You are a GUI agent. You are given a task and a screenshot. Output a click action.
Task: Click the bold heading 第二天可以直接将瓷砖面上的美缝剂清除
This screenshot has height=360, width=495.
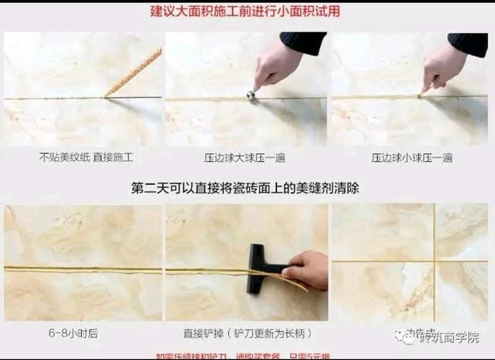coord(245,188)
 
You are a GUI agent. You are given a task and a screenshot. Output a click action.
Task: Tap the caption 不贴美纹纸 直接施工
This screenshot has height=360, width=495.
coord(86,157)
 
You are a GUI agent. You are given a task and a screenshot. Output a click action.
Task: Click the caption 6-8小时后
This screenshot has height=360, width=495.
coord(78,333)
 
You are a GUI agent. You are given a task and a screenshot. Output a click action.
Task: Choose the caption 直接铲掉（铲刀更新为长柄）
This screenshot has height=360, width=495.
coord(246,333)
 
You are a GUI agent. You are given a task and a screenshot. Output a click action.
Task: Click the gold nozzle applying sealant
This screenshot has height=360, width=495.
coord(134,74)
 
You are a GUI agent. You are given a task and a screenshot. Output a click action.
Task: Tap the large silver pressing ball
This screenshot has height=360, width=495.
coord(251,95)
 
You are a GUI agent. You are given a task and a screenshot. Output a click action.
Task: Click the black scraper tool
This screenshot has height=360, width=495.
coord(258,268)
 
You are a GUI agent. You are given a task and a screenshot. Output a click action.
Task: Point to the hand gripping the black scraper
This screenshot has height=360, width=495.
coord(308,269)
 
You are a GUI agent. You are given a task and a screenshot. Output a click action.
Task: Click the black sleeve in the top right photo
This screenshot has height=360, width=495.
coord(468,43)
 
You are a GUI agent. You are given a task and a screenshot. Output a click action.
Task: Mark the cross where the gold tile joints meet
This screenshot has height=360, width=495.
coord(433,261)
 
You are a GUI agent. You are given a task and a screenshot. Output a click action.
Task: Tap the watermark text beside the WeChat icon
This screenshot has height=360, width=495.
coord(449,338)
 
